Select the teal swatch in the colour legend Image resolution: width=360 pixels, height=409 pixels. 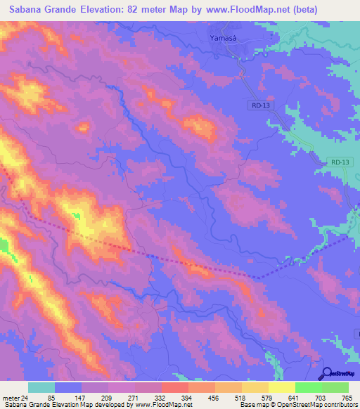41,387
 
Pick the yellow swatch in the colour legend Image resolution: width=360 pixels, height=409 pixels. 281,387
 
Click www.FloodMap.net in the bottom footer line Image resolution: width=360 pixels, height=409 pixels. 162,405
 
